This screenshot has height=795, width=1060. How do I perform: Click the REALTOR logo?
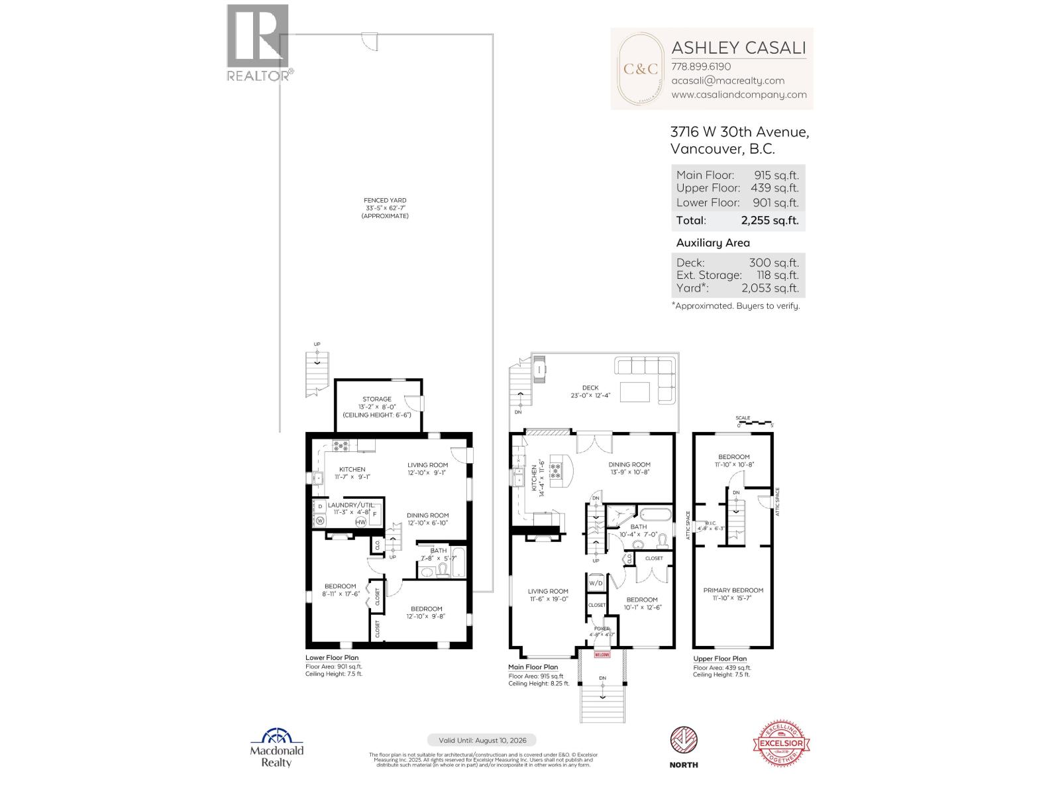258,42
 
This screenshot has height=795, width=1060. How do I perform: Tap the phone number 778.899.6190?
701,66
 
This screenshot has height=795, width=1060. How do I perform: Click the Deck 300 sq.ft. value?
773,262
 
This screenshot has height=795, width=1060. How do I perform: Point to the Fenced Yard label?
385,200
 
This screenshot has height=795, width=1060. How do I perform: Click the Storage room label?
376,399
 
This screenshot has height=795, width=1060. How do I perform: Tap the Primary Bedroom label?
733,590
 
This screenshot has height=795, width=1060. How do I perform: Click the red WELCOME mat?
602,655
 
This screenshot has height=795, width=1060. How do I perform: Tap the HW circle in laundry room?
361,522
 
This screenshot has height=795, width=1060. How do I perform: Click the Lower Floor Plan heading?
332,658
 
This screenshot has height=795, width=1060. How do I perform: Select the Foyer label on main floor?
602,628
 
